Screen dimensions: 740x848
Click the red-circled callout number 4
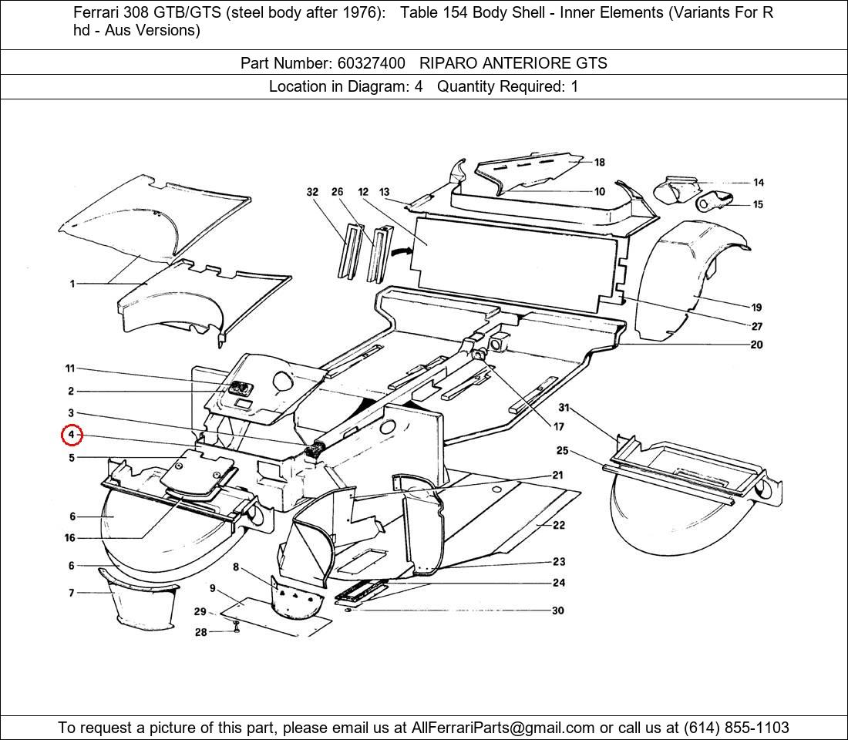(71, 436)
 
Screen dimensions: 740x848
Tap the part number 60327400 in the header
(371, 63)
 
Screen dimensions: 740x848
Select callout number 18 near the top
(599, 163)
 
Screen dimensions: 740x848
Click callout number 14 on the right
(759, 183)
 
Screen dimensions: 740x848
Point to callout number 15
(759, 205)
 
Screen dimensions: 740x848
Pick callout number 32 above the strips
(312, 192)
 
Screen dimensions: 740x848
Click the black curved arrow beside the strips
(399, 251)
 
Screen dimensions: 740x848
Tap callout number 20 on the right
(756, 345)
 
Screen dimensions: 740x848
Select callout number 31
(564, 408)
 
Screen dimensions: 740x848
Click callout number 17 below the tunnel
(558, 426)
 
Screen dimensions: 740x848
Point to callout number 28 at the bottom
(200, 632)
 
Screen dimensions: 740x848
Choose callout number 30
(557, 610)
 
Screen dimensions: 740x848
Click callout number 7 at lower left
(72, 593)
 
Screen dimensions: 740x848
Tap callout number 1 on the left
(72, 284)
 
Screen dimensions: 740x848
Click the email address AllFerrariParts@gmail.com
(503, 728)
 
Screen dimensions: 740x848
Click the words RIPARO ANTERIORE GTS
(513, 63)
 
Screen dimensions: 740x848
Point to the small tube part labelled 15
(713, 203)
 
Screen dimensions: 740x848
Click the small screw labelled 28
(237, 630)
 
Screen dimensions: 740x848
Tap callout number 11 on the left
(70, 369)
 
